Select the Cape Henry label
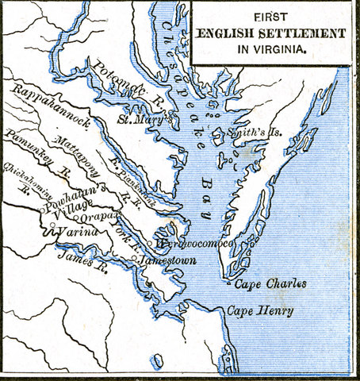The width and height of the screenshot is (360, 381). pyautogui.click(x=259, y=310)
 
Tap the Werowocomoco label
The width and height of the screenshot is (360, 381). pyautogui.click(x=194, y=243)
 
